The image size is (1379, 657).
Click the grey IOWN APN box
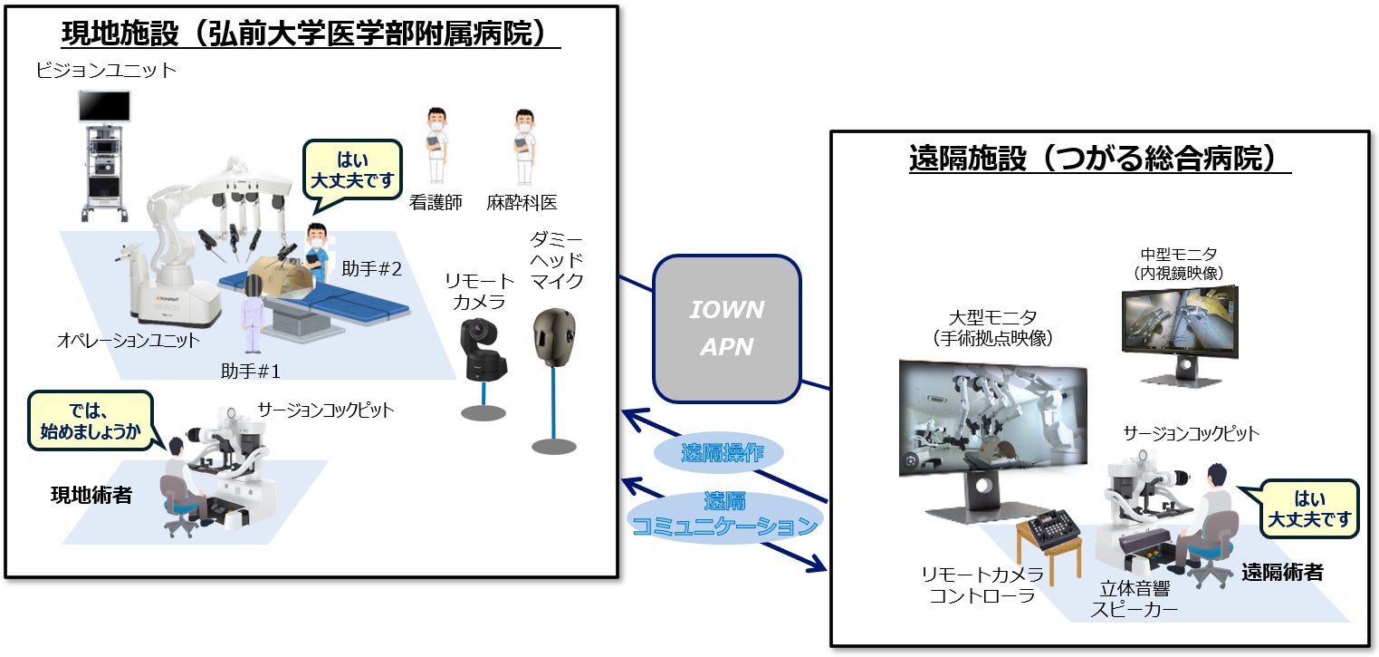click(726, 328)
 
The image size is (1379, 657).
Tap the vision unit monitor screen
click(105, 107)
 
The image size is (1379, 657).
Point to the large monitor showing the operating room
click(992, 418)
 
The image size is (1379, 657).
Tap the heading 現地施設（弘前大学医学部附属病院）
click(311, 34)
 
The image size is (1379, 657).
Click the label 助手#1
click(251, 371)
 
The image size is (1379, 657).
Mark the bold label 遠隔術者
click(1282, 573)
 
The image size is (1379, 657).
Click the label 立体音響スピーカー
click(1135, 599)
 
